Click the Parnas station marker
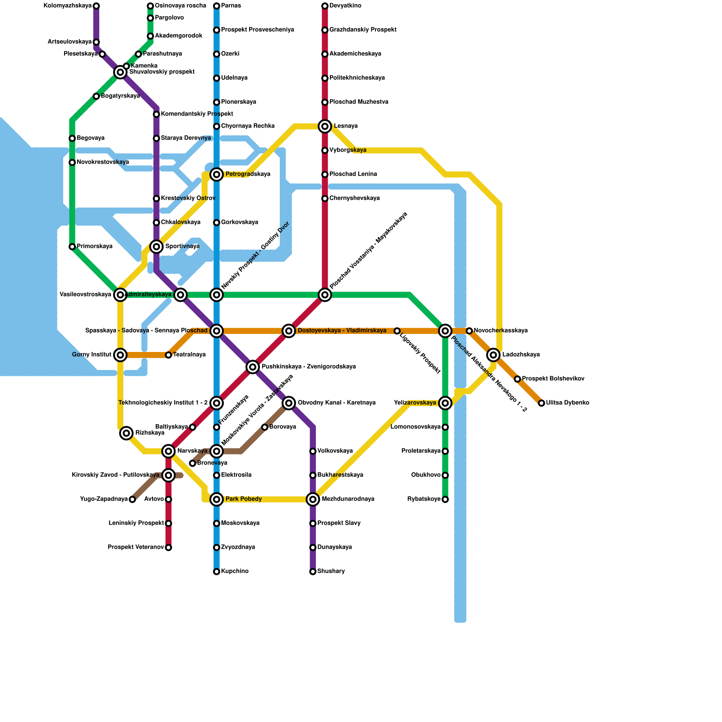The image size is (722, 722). point(217,6)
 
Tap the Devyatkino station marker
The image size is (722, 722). point(325,6)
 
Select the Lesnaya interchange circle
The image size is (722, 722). point(325,126)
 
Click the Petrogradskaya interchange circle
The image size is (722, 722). point(217,174)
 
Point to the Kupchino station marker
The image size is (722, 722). point(217,572)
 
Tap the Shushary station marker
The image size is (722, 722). point(313,572)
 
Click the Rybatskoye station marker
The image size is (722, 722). point(445,500)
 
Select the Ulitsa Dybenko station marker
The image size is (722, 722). point(541,403)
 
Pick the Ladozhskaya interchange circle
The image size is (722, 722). point(494,355)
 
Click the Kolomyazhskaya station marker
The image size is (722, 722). point(96,6)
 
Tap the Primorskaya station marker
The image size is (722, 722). point(72,247)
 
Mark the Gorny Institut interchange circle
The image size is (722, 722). point(120,355)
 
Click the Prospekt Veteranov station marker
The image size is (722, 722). point(168,548)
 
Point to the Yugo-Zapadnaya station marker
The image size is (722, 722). point(132,500)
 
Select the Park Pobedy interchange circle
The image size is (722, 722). point(217,499)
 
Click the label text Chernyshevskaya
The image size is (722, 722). point(354,199)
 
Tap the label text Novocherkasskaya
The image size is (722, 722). point(500,331)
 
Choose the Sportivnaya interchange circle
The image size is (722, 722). point(157,246)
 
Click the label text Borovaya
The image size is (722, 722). point(282,427)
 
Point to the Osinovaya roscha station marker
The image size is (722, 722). point(150,6)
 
